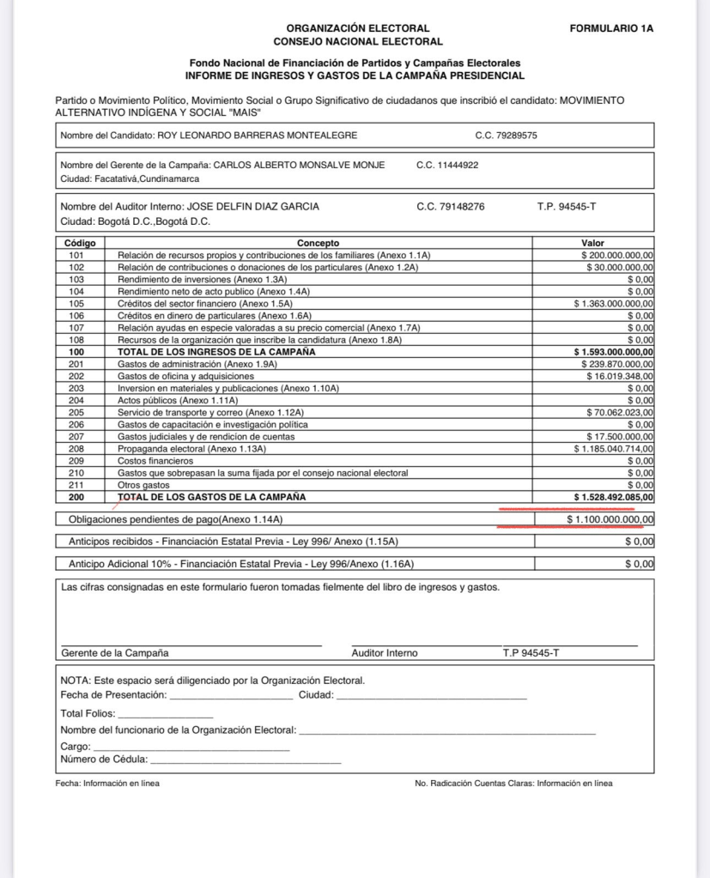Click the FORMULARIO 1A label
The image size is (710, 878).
pyautogui.click(x=611, y=28)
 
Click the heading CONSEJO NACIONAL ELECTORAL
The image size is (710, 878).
pyautogui.click(x=358, y=41)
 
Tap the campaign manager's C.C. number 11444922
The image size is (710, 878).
pyautogui.click(x=447, y=165)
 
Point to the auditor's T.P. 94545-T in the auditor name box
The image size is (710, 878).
pyautogui.click(x=566, y=206)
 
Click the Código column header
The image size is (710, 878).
pyautogui.click(x=80, y=243)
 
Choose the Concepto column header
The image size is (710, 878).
pyautogui.click(x=319, y=243)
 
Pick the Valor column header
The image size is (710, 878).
pyautogui.click(x=592, y=243)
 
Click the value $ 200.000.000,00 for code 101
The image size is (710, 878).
pyautogui.click(x=616, y=256)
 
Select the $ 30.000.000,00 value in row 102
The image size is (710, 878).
pyautogui.click(x=619, y=268)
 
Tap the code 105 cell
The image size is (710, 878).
pyautogui.click(x=76, y=304)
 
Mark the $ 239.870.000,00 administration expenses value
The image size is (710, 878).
pyautogui.click(x=616, y=364)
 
